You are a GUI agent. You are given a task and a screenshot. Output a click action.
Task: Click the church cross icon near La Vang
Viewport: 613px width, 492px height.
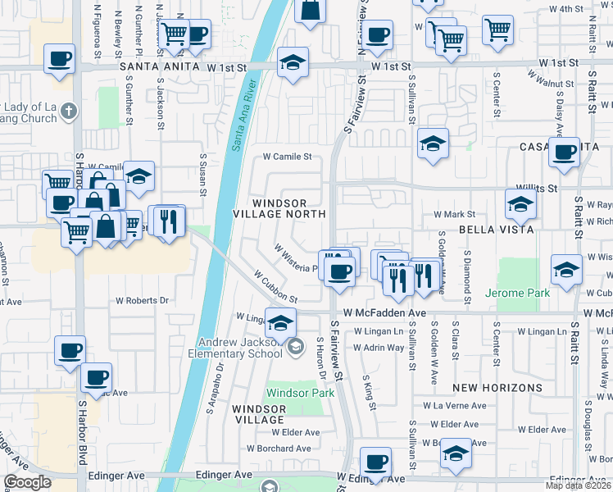click(x=70, y=111)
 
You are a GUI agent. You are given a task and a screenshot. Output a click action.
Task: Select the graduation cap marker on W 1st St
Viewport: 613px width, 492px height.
click(x=291, y=61)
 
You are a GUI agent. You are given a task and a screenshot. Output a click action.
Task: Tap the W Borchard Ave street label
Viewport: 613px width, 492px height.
click(x=281, y=449)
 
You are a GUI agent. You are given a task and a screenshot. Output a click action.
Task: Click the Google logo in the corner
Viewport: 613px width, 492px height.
click(x=28, y=482)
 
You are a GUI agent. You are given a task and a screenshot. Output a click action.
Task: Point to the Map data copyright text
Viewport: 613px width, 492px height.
click(x=579, y=486)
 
